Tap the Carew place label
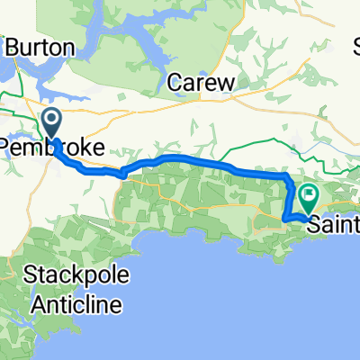point(202,83)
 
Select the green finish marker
point(308,193)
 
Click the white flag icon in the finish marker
point(308,192)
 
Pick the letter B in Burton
point(13,44)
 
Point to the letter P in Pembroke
point(7,147)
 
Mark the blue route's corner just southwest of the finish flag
point(285,219)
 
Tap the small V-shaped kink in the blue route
point(122,175)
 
